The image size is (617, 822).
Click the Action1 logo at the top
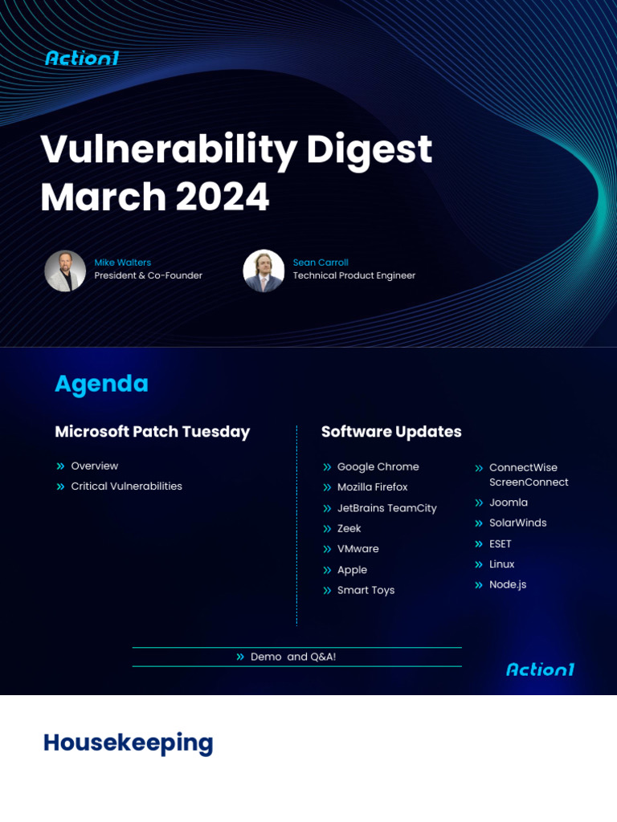coord(82,58)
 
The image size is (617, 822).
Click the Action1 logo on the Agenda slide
coord(540,669)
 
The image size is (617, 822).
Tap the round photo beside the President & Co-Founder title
coord(65,271)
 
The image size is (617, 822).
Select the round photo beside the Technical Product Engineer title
coord(264,271)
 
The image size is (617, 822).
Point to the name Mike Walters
coord(122,262)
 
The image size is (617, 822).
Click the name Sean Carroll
coord(321,262)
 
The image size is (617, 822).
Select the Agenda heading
coord(101,385)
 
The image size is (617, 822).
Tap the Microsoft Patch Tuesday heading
coord(152,432)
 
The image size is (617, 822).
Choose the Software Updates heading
coord(391,432)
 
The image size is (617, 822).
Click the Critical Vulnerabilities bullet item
coord(126,486)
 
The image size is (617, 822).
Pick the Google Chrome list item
coord(378,467)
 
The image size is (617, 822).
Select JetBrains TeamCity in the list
coord(386,508)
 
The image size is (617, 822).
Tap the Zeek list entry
coord(349,529)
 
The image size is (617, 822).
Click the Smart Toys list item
coord(366,590)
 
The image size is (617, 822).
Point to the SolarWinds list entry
coord(517,523)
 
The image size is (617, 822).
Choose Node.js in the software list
coord(508,584)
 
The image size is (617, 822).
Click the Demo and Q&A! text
coord(292,657)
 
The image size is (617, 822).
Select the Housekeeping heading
coord(128,743)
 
